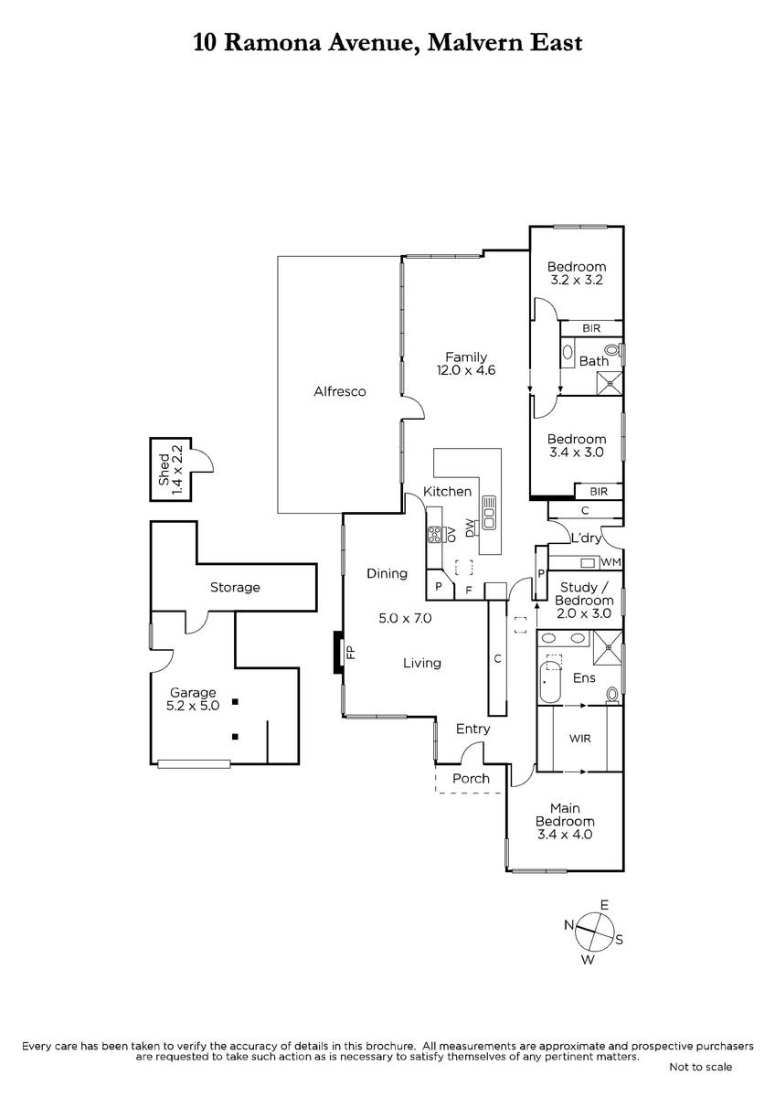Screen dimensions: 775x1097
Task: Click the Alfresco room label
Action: [339, 391]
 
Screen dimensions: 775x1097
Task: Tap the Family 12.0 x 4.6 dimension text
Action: [465, 369]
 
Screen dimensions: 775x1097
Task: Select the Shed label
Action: [164, 470]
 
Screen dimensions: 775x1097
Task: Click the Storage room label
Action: [235, 587]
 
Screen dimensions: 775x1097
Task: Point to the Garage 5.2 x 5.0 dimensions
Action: [193, 706]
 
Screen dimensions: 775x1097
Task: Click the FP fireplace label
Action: [351, 653]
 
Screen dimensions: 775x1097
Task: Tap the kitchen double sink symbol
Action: [489, 513]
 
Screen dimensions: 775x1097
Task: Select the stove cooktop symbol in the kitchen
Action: [435, 534]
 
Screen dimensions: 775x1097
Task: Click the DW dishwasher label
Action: [470, 528]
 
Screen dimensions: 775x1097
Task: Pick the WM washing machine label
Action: [610, 562]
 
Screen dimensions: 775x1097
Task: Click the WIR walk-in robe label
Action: [579, 738]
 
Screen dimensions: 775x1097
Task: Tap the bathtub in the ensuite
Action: [551, 682]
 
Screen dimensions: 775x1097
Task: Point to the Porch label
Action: [471, 778]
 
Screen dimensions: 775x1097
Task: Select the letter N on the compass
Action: [568, 924]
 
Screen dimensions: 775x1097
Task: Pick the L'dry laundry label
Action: [586, 538]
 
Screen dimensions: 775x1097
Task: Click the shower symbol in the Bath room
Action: [610, 383]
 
